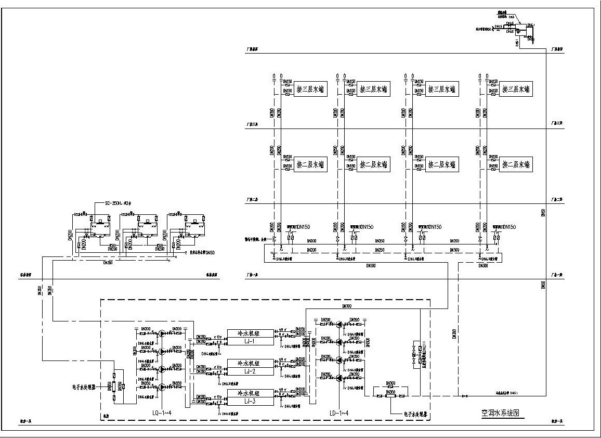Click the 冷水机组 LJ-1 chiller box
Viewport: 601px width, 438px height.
pyautogui.click(x=250, y=337)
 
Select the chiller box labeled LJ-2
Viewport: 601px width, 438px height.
pyautogui.click(x=250, y=367)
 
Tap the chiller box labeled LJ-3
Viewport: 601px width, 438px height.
pyautogui.click(x=250, y=397)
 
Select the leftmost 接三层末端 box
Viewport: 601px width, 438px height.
pyautogui.click(x=310, y=89)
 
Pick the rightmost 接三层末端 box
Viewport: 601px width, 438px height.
pyautogui.click(x=515, y=89)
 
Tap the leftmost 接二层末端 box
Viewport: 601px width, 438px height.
pyautogui.click(x=310, y=165)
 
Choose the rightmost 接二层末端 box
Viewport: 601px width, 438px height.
pyautogui.click(x=515, y=165)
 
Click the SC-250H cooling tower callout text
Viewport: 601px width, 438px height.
pyautogui.click(x=119, y=203)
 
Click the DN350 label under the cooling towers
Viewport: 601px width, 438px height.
pyautogui.click(x=109, y=263)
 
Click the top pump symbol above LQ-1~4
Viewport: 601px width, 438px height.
pyautogui.click(x=162, y=333)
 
